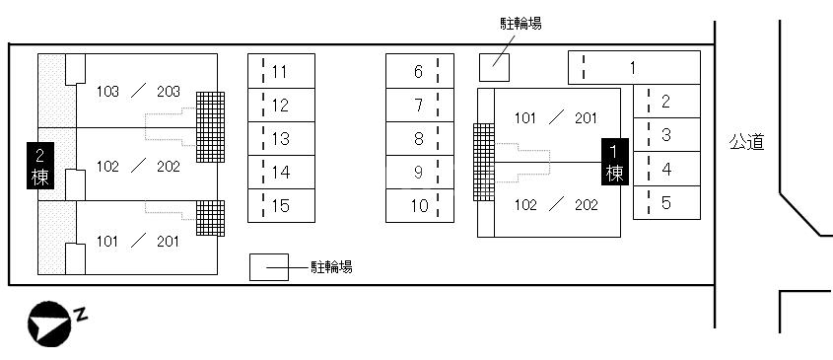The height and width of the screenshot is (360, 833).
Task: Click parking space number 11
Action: [281, 71]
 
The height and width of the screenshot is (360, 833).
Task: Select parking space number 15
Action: [281, 206]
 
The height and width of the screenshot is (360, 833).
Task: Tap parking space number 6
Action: [419, 71]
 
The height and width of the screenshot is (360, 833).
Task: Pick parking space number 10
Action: [419, 206]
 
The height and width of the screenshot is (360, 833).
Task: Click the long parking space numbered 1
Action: [633, 68]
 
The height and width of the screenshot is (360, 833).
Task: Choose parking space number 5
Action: [666, 203]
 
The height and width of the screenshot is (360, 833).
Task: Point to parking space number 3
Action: [666, 135]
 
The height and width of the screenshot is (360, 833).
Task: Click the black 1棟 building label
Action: [615, 162]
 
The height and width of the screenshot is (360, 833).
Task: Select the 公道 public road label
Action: [746, 143]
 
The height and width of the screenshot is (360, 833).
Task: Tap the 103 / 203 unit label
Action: [138, 92]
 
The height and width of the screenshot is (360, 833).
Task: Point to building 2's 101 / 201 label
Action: [138, 240]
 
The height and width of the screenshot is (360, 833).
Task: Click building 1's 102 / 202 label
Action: [556, 205]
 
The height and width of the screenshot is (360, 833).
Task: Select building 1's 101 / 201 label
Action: [556, 118]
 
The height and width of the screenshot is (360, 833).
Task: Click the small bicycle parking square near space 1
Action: [495, 67]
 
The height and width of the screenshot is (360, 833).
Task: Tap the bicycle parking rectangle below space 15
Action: [268, 266]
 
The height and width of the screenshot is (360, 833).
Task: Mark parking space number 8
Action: [419, 139]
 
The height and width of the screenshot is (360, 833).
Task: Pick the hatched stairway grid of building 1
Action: [483, 162]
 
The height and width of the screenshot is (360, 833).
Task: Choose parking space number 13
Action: [281, 139]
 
